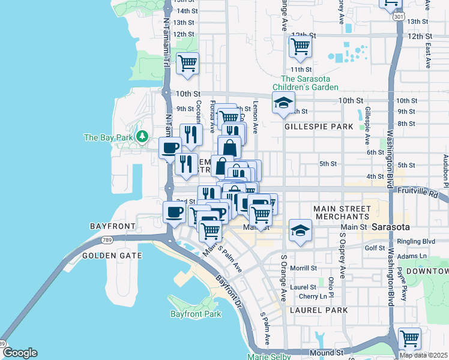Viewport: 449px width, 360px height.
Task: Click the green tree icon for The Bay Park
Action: click(142, 137)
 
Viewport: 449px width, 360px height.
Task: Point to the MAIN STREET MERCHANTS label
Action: click(340, 212)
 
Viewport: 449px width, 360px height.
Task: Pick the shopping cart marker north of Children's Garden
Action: click(300, 46)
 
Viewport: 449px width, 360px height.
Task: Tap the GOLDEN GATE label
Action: click(112, 256)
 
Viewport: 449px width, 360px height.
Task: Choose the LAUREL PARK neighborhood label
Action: click(319, 310)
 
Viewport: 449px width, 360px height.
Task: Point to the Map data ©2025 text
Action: click(423, 355)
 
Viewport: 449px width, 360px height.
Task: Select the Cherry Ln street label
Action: click(312, 296)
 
